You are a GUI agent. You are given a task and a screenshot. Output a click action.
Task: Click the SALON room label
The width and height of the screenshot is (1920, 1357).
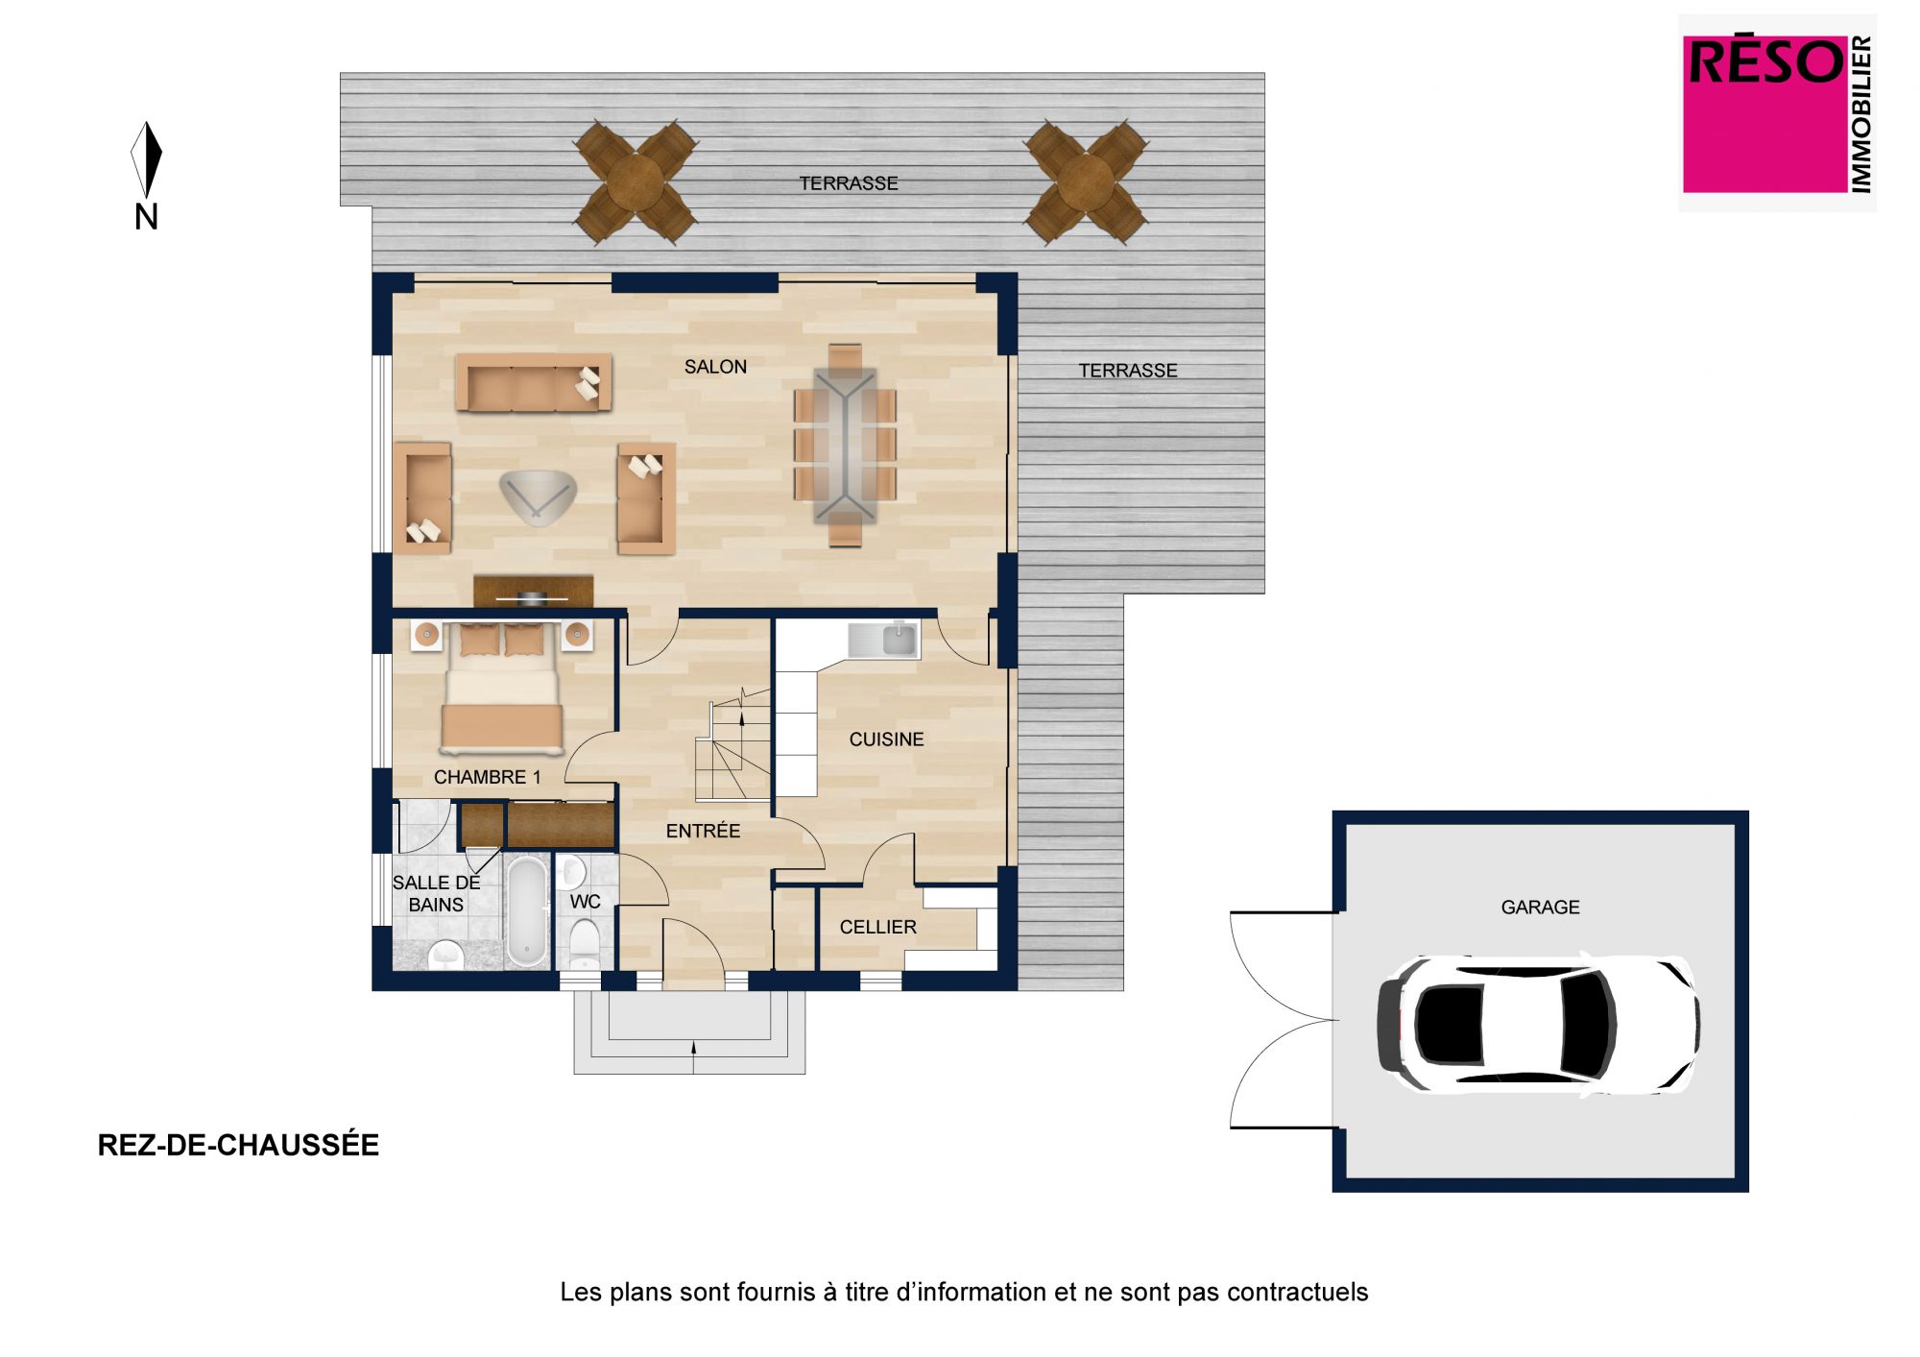(715, 367)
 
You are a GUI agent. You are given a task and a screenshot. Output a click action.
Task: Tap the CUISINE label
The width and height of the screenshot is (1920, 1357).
(886, 739)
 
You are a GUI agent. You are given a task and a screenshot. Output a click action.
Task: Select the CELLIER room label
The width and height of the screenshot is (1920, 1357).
(877, 927)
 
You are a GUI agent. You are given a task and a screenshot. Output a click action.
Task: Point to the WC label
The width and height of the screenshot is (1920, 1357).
(585, 902)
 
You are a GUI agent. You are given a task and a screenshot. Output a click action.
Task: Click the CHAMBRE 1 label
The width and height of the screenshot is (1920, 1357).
(488, 777)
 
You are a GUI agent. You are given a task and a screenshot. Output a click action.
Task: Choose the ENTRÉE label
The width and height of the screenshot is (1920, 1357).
(703, 831)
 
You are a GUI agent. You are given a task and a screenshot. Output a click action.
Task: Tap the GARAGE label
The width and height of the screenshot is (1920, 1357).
(1540, 907)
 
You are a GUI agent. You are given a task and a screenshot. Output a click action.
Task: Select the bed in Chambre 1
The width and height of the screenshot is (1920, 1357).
(501, 688)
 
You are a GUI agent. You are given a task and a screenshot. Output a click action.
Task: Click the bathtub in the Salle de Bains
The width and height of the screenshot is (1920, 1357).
(526, 911)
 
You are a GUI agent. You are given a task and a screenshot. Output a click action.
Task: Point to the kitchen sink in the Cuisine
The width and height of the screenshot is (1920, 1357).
(884, 639)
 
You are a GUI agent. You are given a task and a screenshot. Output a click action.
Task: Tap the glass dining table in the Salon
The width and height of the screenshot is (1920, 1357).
(845, 445)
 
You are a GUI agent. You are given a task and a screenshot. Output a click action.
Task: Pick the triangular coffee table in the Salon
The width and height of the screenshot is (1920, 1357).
(538, 496)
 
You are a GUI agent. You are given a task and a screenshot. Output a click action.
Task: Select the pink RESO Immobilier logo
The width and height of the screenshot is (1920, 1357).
(1777, 113)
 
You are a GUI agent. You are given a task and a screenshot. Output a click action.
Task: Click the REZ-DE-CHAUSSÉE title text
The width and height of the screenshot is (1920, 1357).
(238, 1145)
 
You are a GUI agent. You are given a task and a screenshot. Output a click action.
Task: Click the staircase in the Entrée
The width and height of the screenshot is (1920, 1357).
(734, 744)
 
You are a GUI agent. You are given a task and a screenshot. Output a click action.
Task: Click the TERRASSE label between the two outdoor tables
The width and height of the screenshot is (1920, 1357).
(849, 183)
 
